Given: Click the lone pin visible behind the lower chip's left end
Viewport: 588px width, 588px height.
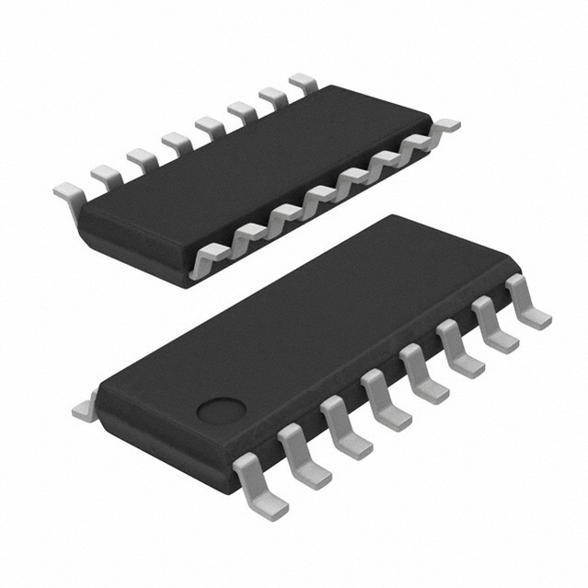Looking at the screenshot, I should (84, 405).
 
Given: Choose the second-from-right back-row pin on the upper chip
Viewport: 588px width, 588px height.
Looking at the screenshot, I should (272, 98).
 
